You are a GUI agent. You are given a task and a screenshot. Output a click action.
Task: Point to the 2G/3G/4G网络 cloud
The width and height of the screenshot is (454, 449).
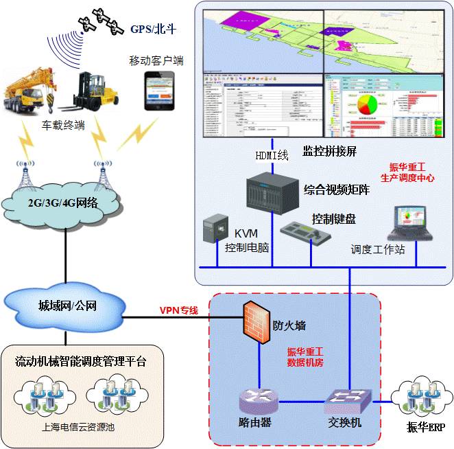pyautogui.click(x=62, y=201)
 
